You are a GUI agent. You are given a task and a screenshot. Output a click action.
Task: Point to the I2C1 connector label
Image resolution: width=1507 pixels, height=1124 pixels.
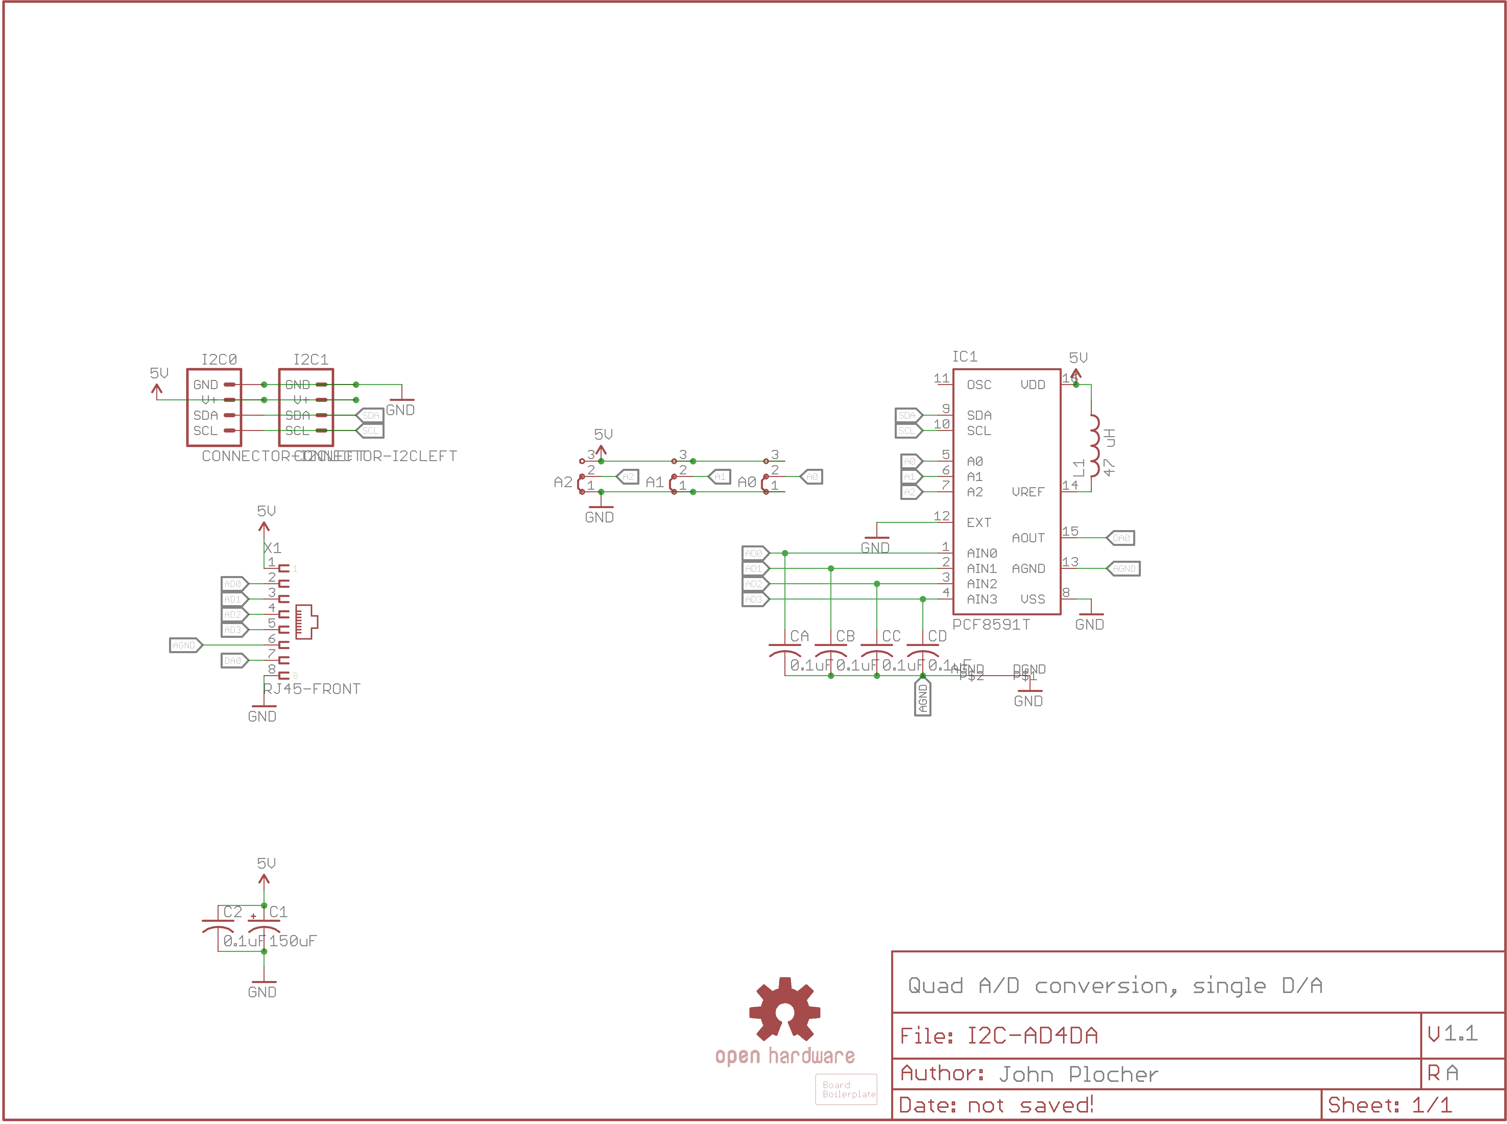(x=311, y=359)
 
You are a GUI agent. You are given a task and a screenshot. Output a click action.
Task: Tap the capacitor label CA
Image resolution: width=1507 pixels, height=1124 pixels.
(x=799, y=636)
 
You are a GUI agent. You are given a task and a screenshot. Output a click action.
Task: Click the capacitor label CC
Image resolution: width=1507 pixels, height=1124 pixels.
(x=891, y=636)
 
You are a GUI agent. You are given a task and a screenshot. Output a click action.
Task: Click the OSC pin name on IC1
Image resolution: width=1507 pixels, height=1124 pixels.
(x=979, y=385)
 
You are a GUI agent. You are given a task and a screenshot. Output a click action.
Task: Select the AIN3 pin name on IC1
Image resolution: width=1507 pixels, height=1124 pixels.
(x=982, y=600)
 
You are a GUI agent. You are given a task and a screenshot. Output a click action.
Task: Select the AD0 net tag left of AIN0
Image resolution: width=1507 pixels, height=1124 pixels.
(x=755, y=553)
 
